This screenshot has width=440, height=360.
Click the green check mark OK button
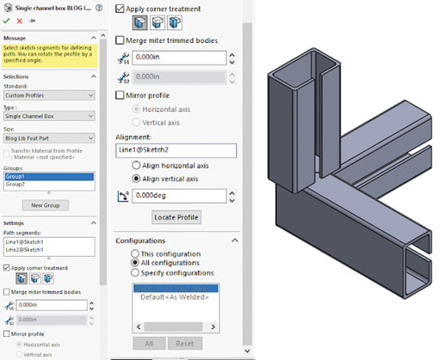[x=8, y=20]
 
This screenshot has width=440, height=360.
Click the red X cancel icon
[x=20, y=20]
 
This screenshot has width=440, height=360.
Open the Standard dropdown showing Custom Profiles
[x=49, y=93]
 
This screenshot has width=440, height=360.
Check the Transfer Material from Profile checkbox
[x=9, y=151]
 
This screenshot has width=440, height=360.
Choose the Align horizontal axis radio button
[x=135, y=164]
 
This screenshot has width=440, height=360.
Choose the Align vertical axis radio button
[x=135, y=178]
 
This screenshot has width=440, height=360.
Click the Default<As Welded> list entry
[x=175, y=296]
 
